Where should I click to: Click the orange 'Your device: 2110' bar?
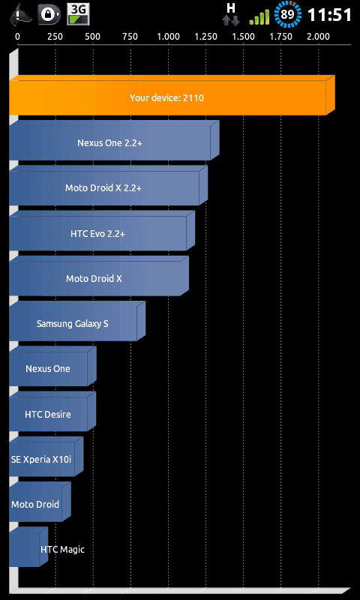point(172,95)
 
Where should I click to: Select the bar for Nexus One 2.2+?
point(114,140)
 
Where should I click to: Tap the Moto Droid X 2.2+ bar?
point(108,185)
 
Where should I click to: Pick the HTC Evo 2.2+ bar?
point(102,231)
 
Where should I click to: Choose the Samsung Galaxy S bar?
point(77,321)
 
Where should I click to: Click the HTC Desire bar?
point(52,411)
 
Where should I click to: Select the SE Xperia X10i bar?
point(46,457)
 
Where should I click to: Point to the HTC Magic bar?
point(28,547)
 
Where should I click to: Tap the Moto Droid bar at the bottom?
point(40,502)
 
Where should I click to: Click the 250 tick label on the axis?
point(55,37)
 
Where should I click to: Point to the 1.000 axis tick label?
point(168,37)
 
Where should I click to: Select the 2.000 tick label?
point(318,37)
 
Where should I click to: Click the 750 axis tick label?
point(130,37)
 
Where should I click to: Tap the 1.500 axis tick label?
point(243,37)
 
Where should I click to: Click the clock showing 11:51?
point(329,15)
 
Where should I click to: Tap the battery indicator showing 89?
point(287,15)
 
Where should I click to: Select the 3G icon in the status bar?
point(79,14)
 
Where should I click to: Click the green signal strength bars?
point(259,17)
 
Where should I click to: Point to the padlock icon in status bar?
point(49,14)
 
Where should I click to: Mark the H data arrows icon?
point(231,14)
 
